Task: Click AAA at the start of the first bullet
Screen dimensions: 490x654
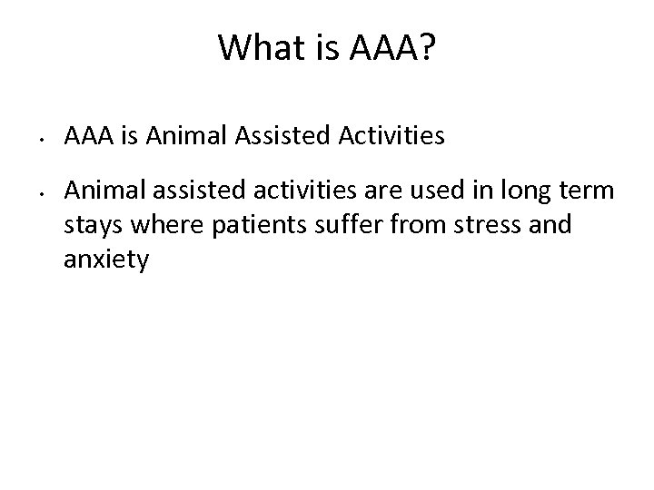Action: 87,136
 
